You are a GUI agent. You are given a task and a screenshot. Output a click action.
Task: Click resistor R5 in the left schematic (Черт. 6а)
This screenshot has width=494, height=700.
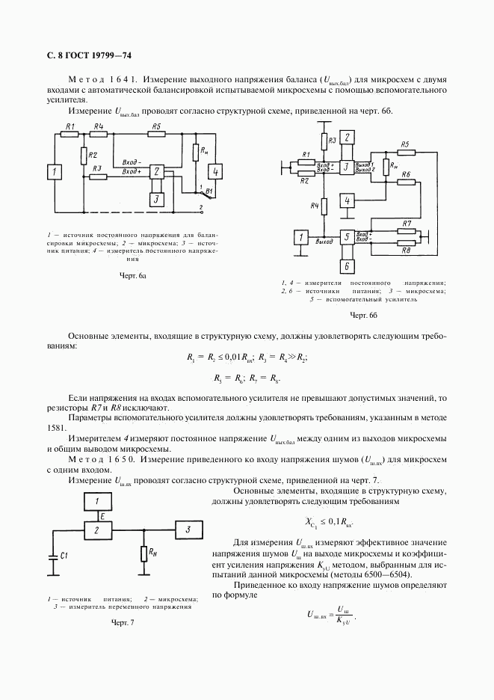click(x=155, y=135)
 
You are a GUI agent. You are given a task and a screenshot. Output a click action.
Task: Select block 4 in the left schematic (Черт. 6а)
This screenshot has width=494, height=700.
click(x=215, y=172)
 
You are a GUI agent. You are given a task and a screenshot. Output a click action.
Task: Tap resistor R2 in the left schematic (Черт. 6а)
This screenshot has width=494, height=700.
click(x=82, y=156)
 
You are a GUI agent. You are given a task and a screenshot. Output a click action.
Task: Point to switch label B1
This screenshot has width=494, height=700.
click(x=209, y=191)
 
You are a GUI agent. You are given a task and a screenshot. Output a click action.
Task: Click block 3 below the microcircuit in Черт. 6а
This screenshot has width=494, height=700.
click(x=155, y=199)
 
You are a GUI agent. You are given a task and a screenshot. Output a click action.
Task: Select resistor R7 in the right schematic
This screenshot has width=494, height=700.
click(x=406, y=231)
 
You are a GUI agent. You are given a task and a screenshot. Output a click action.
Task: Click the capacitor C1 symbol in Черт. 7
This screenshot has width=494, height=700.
click(x=52, y=556)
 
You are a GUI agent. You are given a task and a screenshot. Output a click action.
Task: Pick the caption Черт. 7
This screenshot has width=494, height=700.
click(x=121, y=622)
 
